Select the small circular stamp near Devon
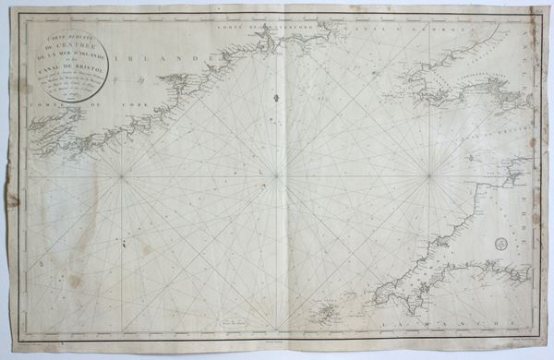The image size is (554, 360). [x=500, y=244]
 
